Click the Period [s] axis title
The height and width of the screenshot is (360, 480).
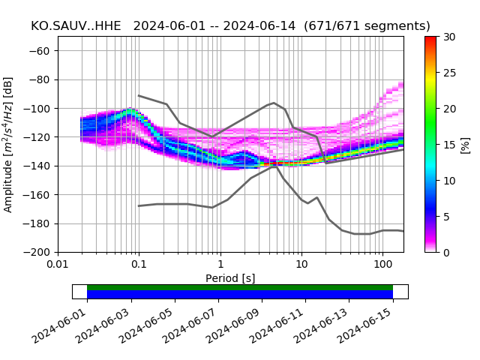230,278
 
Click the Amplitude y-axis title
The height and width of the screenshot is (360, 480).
8,144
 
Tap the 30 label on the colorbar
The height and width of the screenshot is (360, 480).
449,37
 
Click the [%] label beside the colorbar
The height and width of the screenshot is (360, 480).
466,144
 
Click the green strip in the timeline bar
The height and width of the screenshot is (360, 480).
240,287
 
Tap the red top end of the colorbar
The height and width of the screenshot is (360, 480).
430,39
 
